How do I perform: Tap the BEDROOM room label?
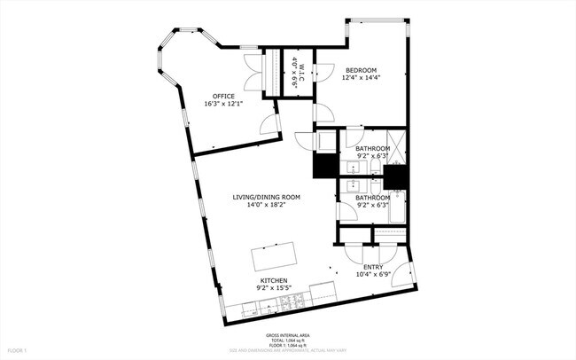click(x=361, y=70)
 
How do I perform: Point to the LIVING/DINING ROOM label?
click(x=267, y=197)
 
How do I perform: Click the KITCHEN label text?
click(x=273, y=280)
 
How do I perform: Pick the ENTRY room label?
click(x=372, y=267)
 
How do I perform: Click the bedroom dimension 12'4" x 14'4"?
click(x=361, y=78)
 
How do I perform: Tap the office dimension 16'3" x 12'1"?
click(x=223, y=104)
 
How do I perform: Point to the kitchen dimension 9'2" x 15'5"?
click(x=273, y=288)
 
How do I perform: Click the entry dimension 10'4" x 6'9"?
click(x=372, y=275)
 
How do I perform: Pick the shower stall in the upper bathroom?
click(x=397, y=147)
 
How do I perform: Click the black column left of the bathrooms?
click(x=322, y=168)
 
